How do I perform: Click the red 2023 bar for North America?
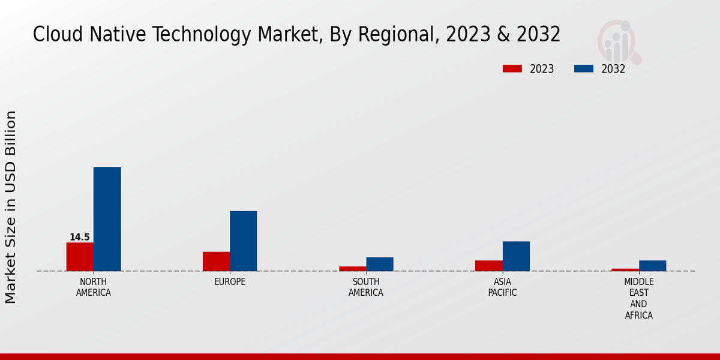pos(80,257)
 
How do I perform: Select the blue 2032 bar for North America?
pos(107,219)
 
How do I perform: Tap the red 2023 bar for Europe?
pos(216,262)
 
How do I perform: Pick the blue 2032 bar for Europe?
pos(243,241)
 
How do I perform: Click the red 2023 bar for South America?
pos(352,269)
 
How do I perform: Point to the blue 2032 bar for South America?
pos(380,264)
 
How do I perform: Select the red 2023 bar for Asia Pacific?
pos(489,266)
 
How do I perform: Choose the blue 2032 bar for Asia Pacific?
pos(516,256)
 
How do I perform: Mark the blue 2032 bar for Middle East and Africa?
pos(652,266)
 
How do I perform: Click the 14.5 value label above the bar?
pos(80,238)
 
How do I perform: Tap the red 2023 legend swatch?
pos(512,68)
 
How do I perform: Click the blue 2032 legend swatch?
pos(583,68)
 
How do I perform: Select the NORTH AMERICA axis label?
pos(94,287)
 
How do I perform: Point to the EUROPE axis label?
pos(230,282)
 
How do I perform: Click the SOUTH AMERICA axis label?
pos(366,287)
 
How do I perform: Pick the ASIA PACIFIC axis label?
pos(503,287)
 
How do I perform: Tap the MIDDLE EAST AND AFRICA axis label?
pos(639,299)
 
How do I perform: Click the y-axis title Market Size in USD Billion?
pos(11,207)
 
